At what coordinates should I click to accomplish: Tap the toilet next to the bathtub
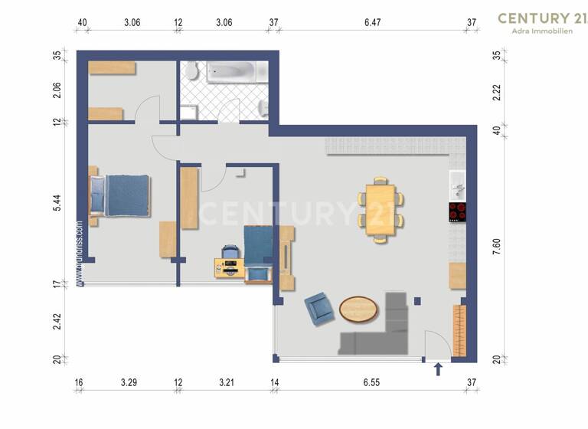point(191,73)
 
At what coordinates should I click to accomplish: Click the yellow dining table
point(381,209)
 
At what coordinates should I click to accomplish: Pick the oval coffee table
point(358,309)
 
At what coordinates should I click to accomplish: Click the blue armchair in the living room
point(318,309)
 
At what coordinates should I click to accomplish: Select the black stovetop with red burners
point(457,212)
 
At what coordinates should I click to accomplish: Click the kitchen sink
point(457,184)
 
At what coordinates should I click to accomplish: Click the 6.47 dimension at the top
point(373,22)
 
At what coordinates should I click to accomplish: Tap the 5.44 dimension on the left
point(57,203)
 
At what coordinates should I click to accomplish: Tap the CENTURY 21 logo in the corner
point(543,18)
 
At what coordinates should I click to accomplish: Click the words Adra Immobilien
point(543,31)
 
